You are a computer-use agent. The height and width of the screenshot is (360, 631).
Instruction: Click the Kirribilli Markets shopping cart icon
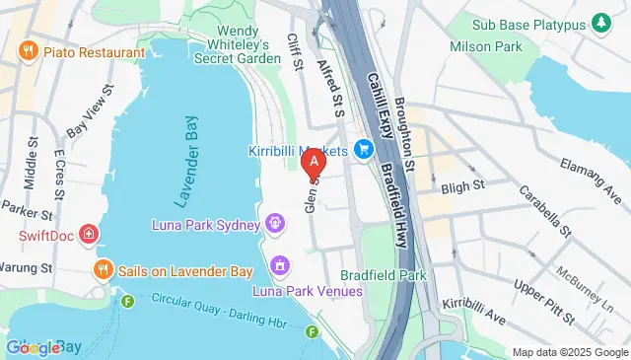point(364,150)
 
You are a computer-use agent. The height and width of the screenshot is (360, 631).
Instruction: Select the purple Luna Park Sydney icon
point(275,222)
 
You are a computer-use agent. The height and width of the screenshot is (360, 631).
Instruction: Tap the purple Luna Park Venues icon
point(281,265)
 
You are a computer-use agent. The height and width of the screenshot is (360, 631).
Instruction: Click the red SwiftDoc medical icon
point(90,235)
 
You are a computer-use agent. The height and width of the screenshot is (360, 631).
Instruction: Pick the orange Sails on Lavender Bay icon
point(101,269)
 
